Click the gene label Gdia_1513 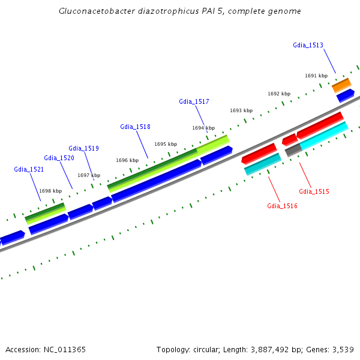(308, 45)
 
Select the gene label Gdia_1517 (194, 101)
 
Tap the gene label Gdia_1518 (135, 127)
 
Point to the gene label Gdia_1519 (83, 148)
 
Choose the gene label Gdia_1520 (59, 158)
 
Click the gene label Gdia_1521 (29, 169)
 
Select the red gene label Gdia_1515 (314, 191)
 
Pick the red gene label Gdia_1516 (282, 206)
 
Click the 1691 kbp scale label (316, 76)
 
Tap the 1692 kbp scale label (279, 94)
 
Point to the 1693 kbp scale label (241, 110)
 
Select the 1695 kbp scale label (166, 144)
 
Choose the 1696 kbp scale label (127, 160)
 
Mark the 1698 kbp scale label (50, 191)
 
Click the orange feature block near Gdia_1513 (341, 85)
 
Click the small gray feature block (293, 150)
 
